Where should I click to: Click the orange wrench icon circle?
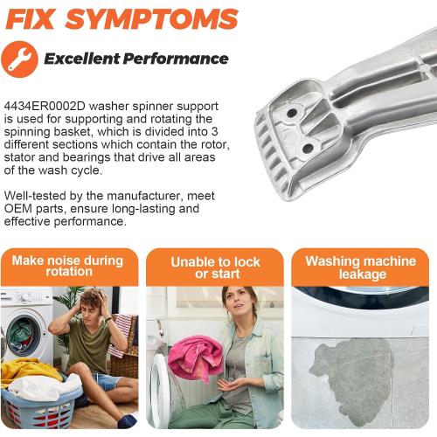[19, 59]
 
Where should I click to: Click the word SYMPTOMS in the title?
[152, 19]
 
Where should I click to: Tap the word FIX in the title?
[31, 19]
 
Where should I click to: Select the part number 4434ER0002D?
[45, 106]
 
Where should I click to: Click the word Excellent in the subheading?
[82, 59]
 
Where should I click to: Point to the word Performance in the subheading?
[176, 59]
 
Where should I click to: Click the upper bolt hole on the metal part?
[292, 113]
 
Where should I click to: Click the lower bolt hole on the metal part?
[308, 149]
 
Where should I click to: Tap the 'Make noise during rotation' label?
[68, 266]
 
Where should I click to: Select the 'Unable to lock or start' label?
[216, 267]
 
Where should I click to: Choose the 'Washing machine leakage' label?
[361, 267]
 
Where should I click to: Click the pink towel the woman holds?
[195, 357]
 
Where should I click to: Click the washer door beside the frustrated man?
[24, 335]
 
